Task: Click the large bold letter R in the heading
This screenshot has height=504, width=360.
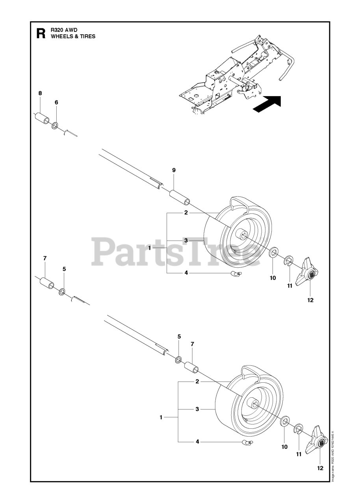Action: tap(40, 33)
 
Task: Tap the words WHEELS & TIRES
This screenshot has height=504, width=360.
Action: tap(73, 36)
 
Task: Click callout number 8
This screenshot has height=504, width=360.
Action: tap(40, 93)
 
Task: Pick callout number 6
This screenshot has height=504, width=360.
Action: tap(56, 102)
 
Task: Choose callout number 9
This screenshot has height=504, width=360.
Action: tap(174, 170)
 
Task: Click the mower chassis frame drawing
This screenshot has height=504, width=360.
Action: tap(232, 75)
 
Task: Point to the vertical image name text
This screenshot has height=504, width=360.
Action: tap(332, 455)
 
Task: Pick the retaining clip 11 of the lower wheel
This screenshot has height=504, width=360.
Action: tap(299, 429)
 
